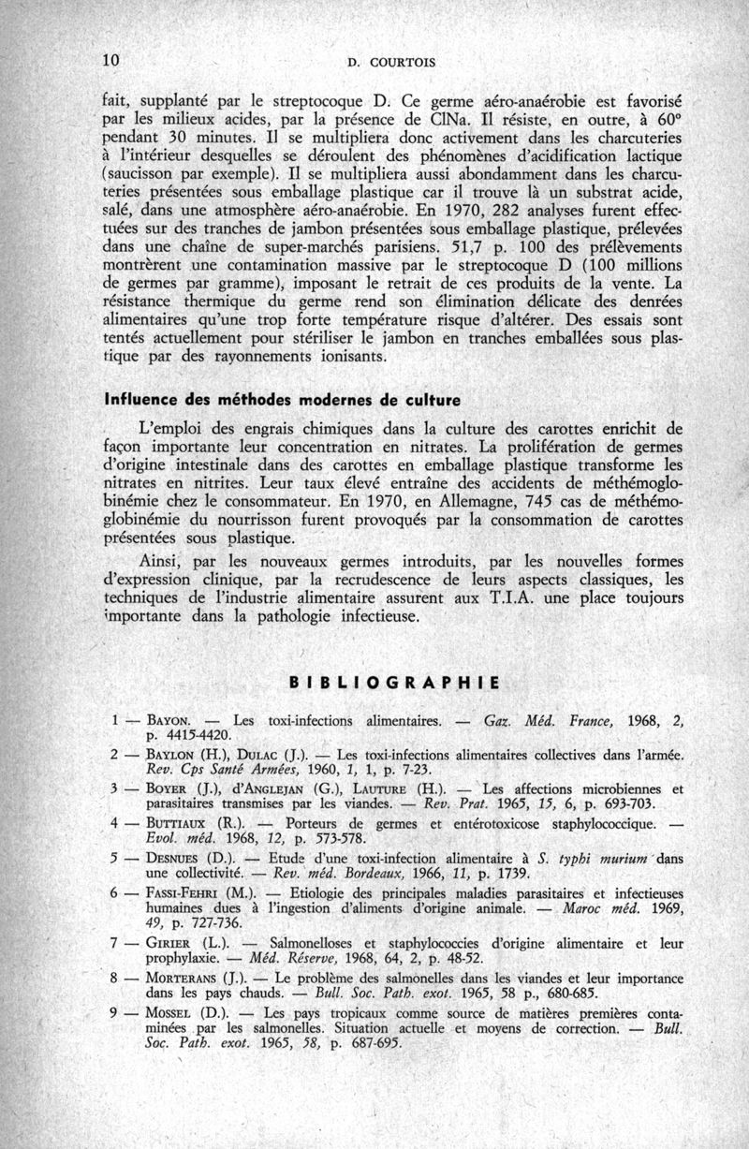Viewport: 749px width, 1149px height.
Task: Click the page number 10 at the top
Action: click(112, 60)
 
